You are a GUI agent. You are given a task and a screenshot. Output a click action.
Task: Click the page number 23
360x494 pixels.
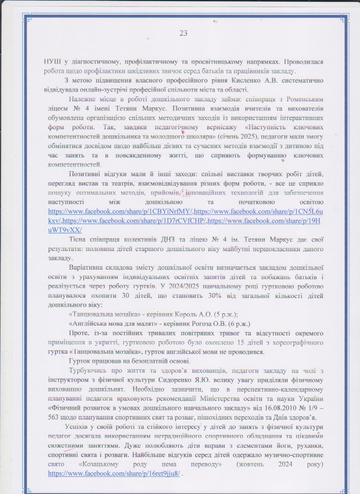tap(183, 33)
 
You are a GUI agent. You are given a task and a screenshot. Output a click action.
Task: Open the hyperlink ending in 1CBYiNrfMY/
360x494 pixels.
tap(121, 211)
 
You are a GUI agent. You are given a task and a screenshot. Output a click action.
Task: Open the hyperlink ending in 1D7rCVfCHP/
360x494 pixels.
tap(135, 221)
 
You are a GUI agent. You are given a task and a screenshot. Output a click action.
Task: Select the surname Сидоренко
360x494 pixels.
tap(174, 380)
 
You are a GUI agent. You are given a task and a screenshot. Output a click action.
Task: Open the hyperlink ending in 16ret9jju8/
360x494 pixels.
tap(114, 474)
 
